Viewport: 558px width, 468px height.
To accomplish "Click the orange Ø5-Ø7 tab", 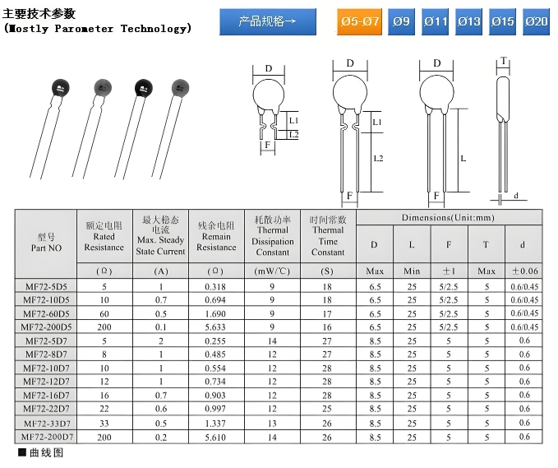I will point(359,21).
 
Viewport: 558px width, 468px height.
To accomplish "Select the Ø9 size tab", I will point(401,21).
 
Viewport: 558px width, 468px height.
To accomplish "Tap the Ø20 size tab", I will point(536,21).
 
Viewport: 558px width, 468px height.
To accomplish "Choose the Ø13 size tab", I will point(468,21).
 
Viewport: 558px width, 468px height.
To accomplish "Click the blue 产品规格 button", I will point(268,21).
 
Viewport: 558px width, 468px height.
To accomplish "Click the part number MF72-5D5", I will point(46,286).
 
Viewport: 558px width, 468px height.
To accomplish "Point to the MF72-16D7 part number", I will point(46,395).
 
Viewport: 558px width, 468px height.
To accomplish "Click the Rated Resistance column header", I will point(104,236).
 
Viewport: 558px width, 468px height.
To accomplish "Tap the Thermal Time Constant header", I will point(327,236).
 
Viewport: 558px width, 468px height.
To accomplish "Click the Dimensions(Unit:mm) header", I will point(448,217).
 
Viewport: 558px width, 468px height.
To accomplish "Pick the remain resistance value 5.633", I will point(215,327).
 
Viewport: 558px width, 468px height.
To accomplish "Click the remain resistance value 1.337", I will point(215,422).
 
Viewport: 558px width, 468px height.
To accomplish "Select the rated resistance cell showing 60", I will point(104,313).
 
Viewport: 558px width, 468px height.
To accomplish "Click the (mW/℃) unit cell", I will point(272,271).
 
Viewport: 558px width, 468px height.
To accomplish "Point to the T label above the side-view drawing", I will point(503,61).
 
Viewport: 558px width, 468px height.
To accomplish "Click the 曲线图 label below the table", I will point(45,453).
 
